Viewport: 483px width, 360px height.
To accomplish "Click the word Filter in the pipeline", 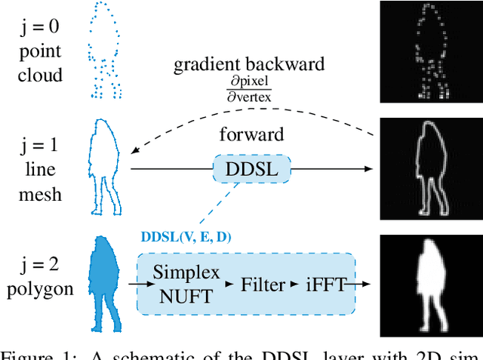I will [x=262, y=284].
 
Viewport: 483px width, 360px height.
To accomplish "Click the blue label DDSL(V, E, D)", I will [x=186, y=237].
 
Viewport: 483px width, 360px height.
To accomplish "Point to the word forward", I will [x=251, y=135].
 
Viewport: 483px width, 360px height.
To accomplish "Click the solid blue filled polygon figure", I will [x=106, y=284].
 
